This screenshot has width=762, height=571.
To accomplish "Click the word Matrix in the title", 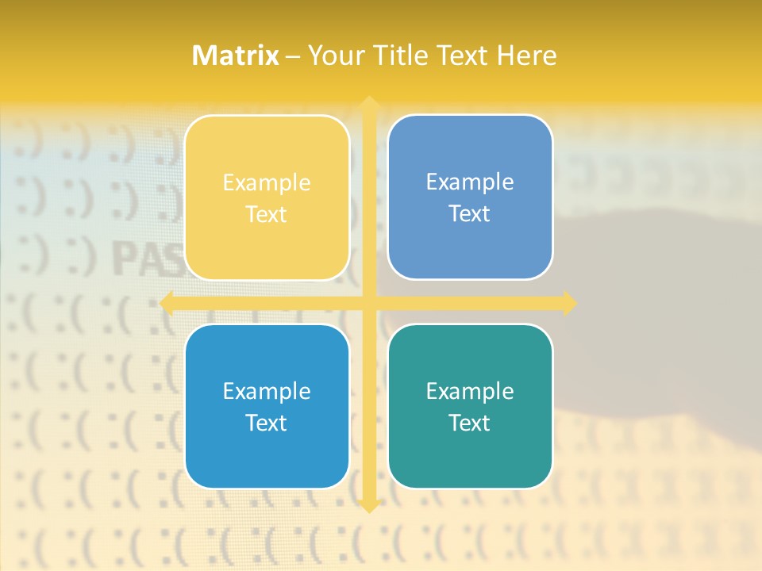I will pos(236,56).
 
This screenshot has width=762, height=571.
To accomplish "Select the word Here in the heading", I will pos(526,56).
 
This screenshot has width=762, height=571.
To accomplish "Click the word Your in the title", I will pos(334,56).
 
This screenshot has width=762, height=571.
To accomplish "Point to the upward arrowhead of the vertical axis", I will pos(368,102).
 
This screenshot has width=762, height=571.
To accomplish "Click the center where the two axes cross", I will pos(368,303).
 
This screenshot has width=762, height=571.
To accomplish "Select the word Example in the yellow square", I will pos(267,182).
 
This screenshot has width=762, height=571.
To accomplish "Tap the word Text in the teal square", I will pos(470,423).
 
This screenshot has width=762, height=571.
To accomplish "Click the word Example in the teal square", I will pos(470,391).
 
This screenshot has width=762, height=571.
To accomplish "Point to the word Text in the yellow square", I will pos(267,214).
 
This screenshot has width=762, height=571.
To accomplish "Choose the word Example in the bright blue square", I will pos(267,391).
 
